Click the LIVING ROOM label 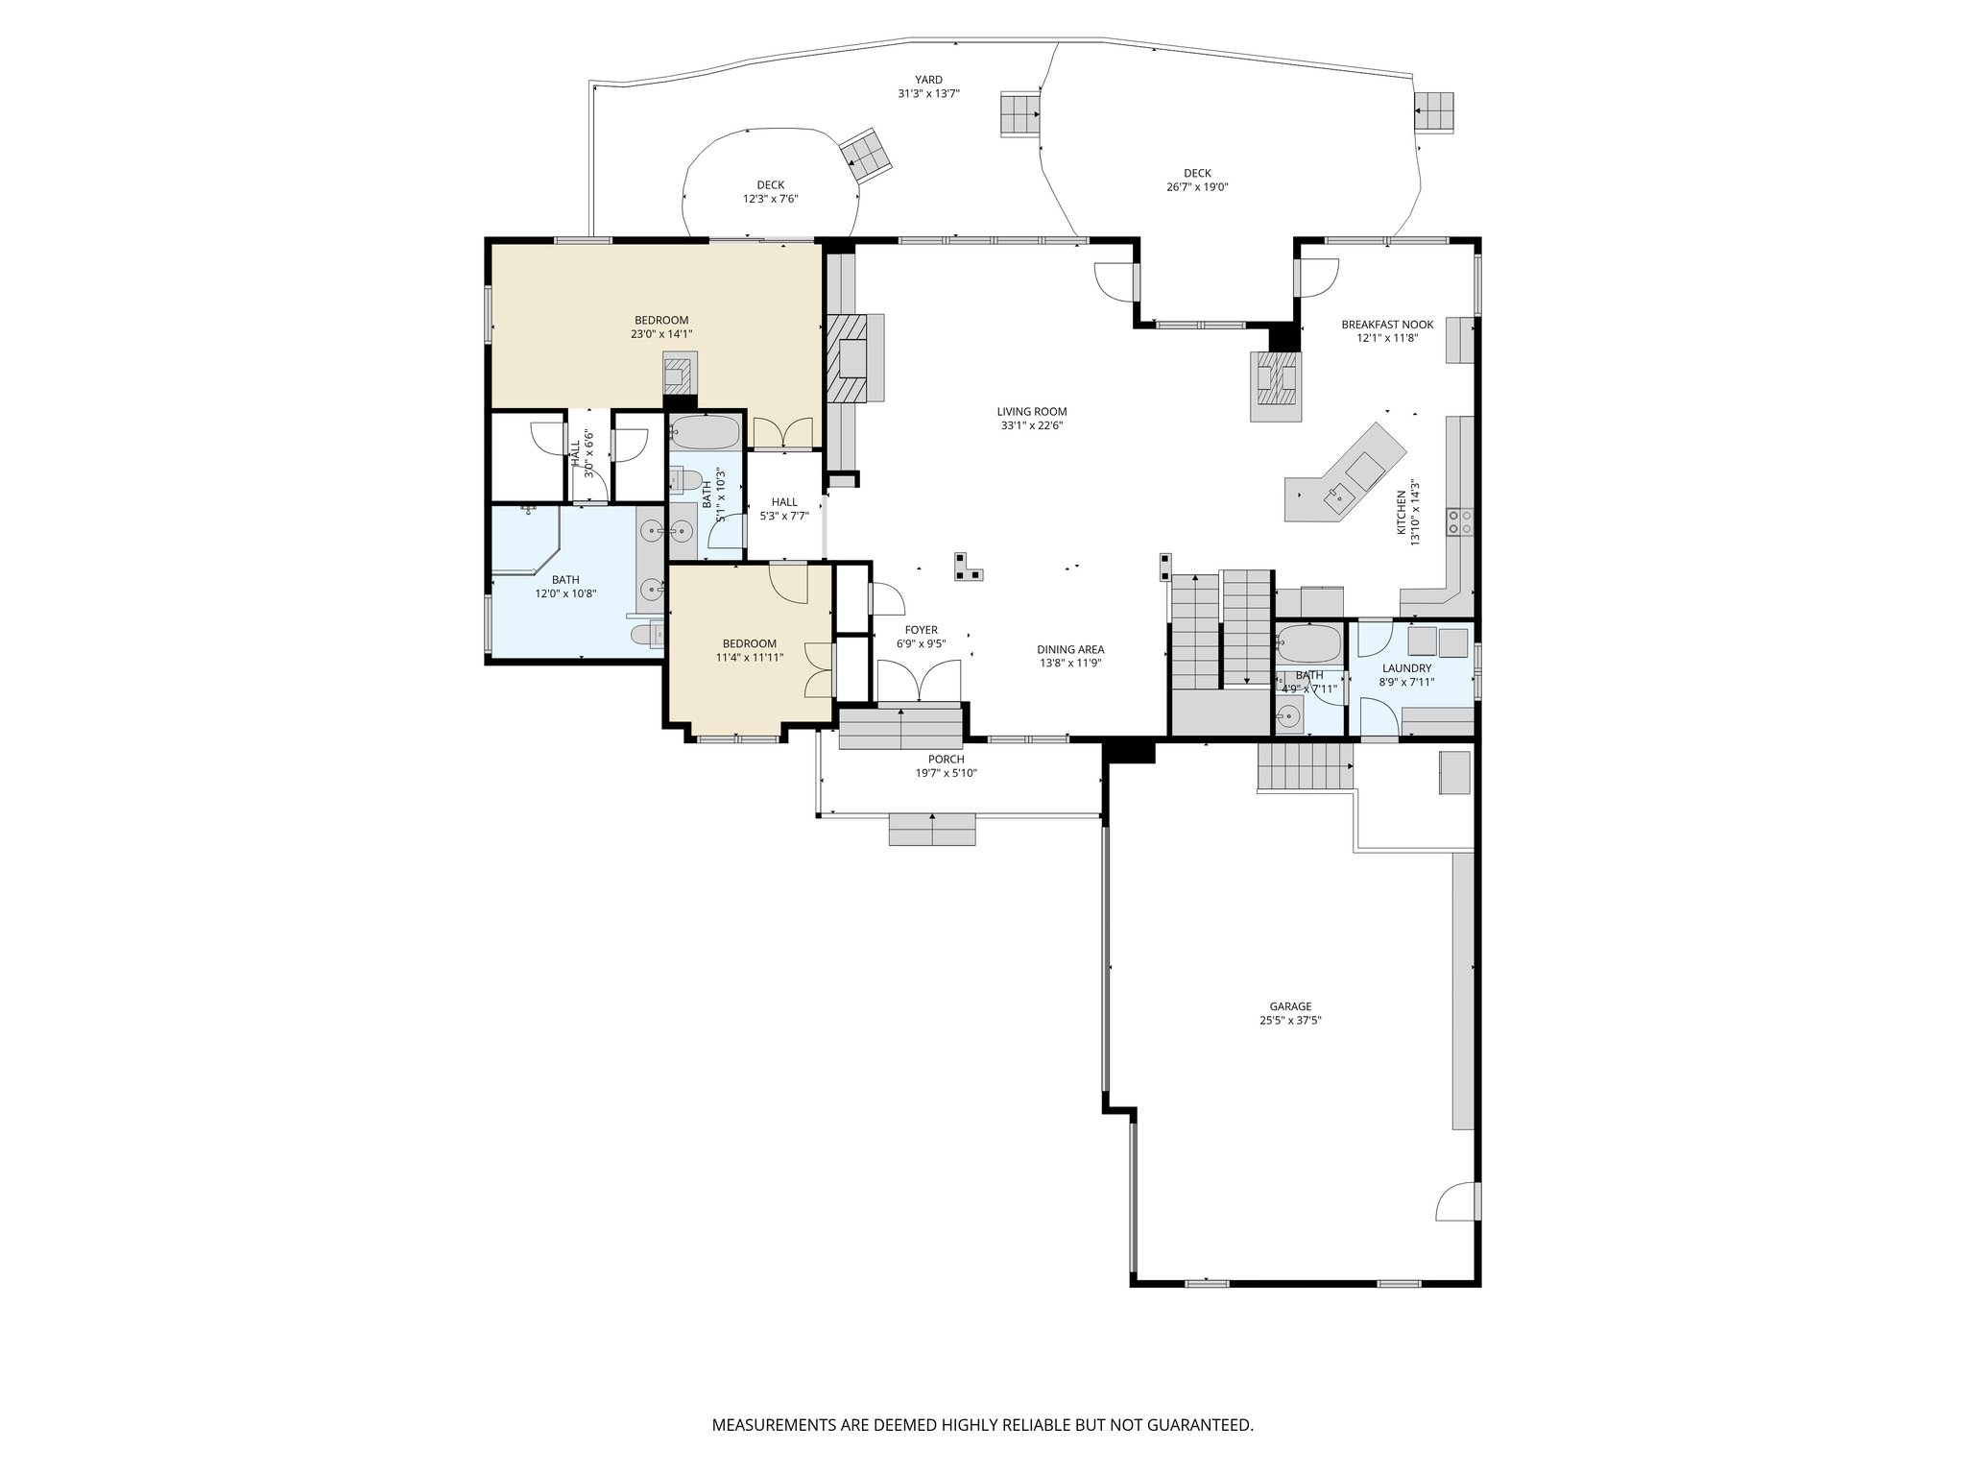pos(1032,412)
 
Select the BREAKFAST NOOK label pos(1387,325)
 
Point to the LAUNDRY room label pos(1406,668)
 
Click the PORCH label pos(946,760)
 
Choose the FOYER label pos(921,630)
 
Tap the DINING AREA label pos(1070,649)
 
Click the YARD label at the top pos(928,80)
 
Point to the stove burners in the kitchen pos(1461,520)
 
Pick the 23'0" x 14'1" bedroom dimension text pos(661,334)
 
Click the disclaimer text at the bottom pos(982,1424)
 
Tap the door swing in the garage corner pos(1455,1201)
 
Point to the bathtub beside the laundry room pos(1308,643)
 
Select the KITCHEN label pos(1402,511)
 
